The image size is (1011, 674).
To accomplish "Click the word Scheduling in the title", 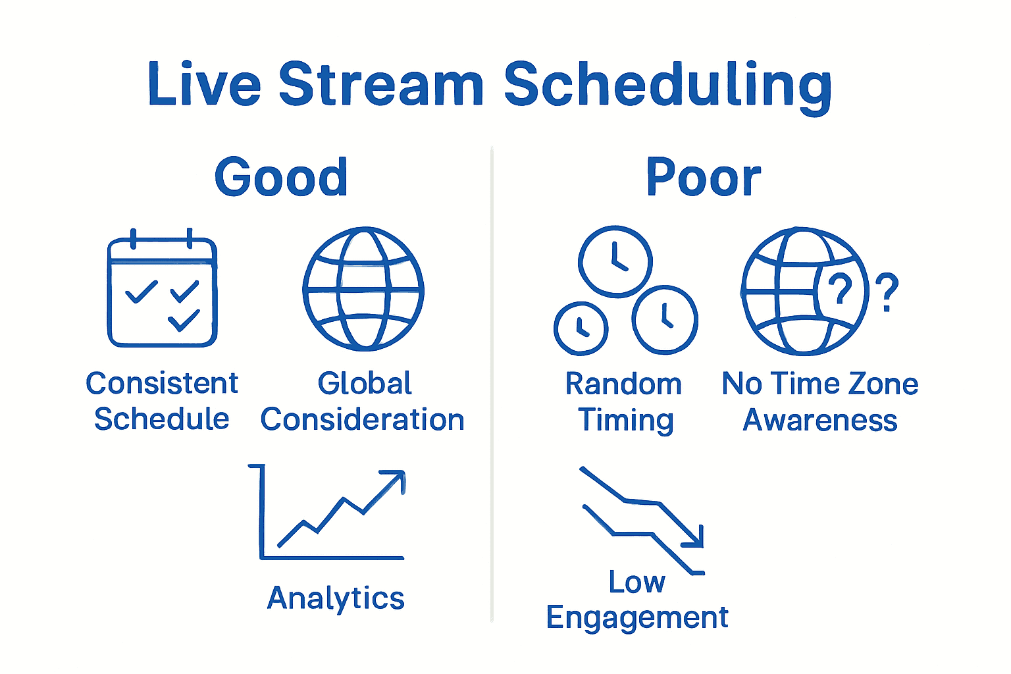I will click(x=667, y=86).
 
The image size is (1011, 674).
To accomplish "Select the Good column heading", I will click(x=281, y=178).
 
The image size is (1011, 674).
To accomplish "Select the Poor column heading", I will click(x=703, y=178).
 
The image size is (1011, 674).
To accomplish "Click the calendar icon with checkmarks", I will click(x=163, y=292).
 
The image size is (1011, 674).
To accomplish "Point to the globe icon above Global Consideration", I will click(x=363, y=289).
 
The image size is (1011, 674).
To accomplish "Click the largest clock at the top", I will click(x=615, y=261).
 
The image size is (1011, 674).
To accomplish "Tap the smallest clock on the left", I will click(x=581, y=328).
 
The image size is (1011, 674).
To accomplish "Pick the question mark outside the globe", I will click(x=887, y=292).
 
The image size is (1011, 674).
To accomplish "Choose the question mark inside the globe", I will click(x=840, y=290).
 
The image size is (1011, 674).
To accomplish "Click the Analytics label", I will click(x=336, y=598).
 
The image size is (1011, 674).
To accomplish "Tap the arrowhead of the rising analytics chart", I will click(x=398, y=477).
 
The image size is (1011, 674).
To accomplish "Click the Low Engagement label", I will click(x=637, y=600).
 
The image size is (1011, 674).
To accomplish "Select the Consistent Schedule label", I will click(x=162, y=401).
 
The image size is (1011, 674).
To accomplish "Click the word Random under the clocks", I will click(x=623, y=384).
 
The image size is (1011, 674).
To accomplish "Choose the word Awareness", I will click(x=819, y=420).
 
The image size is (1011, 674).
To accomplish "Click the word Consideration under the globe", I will click(x=362, y=420).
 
